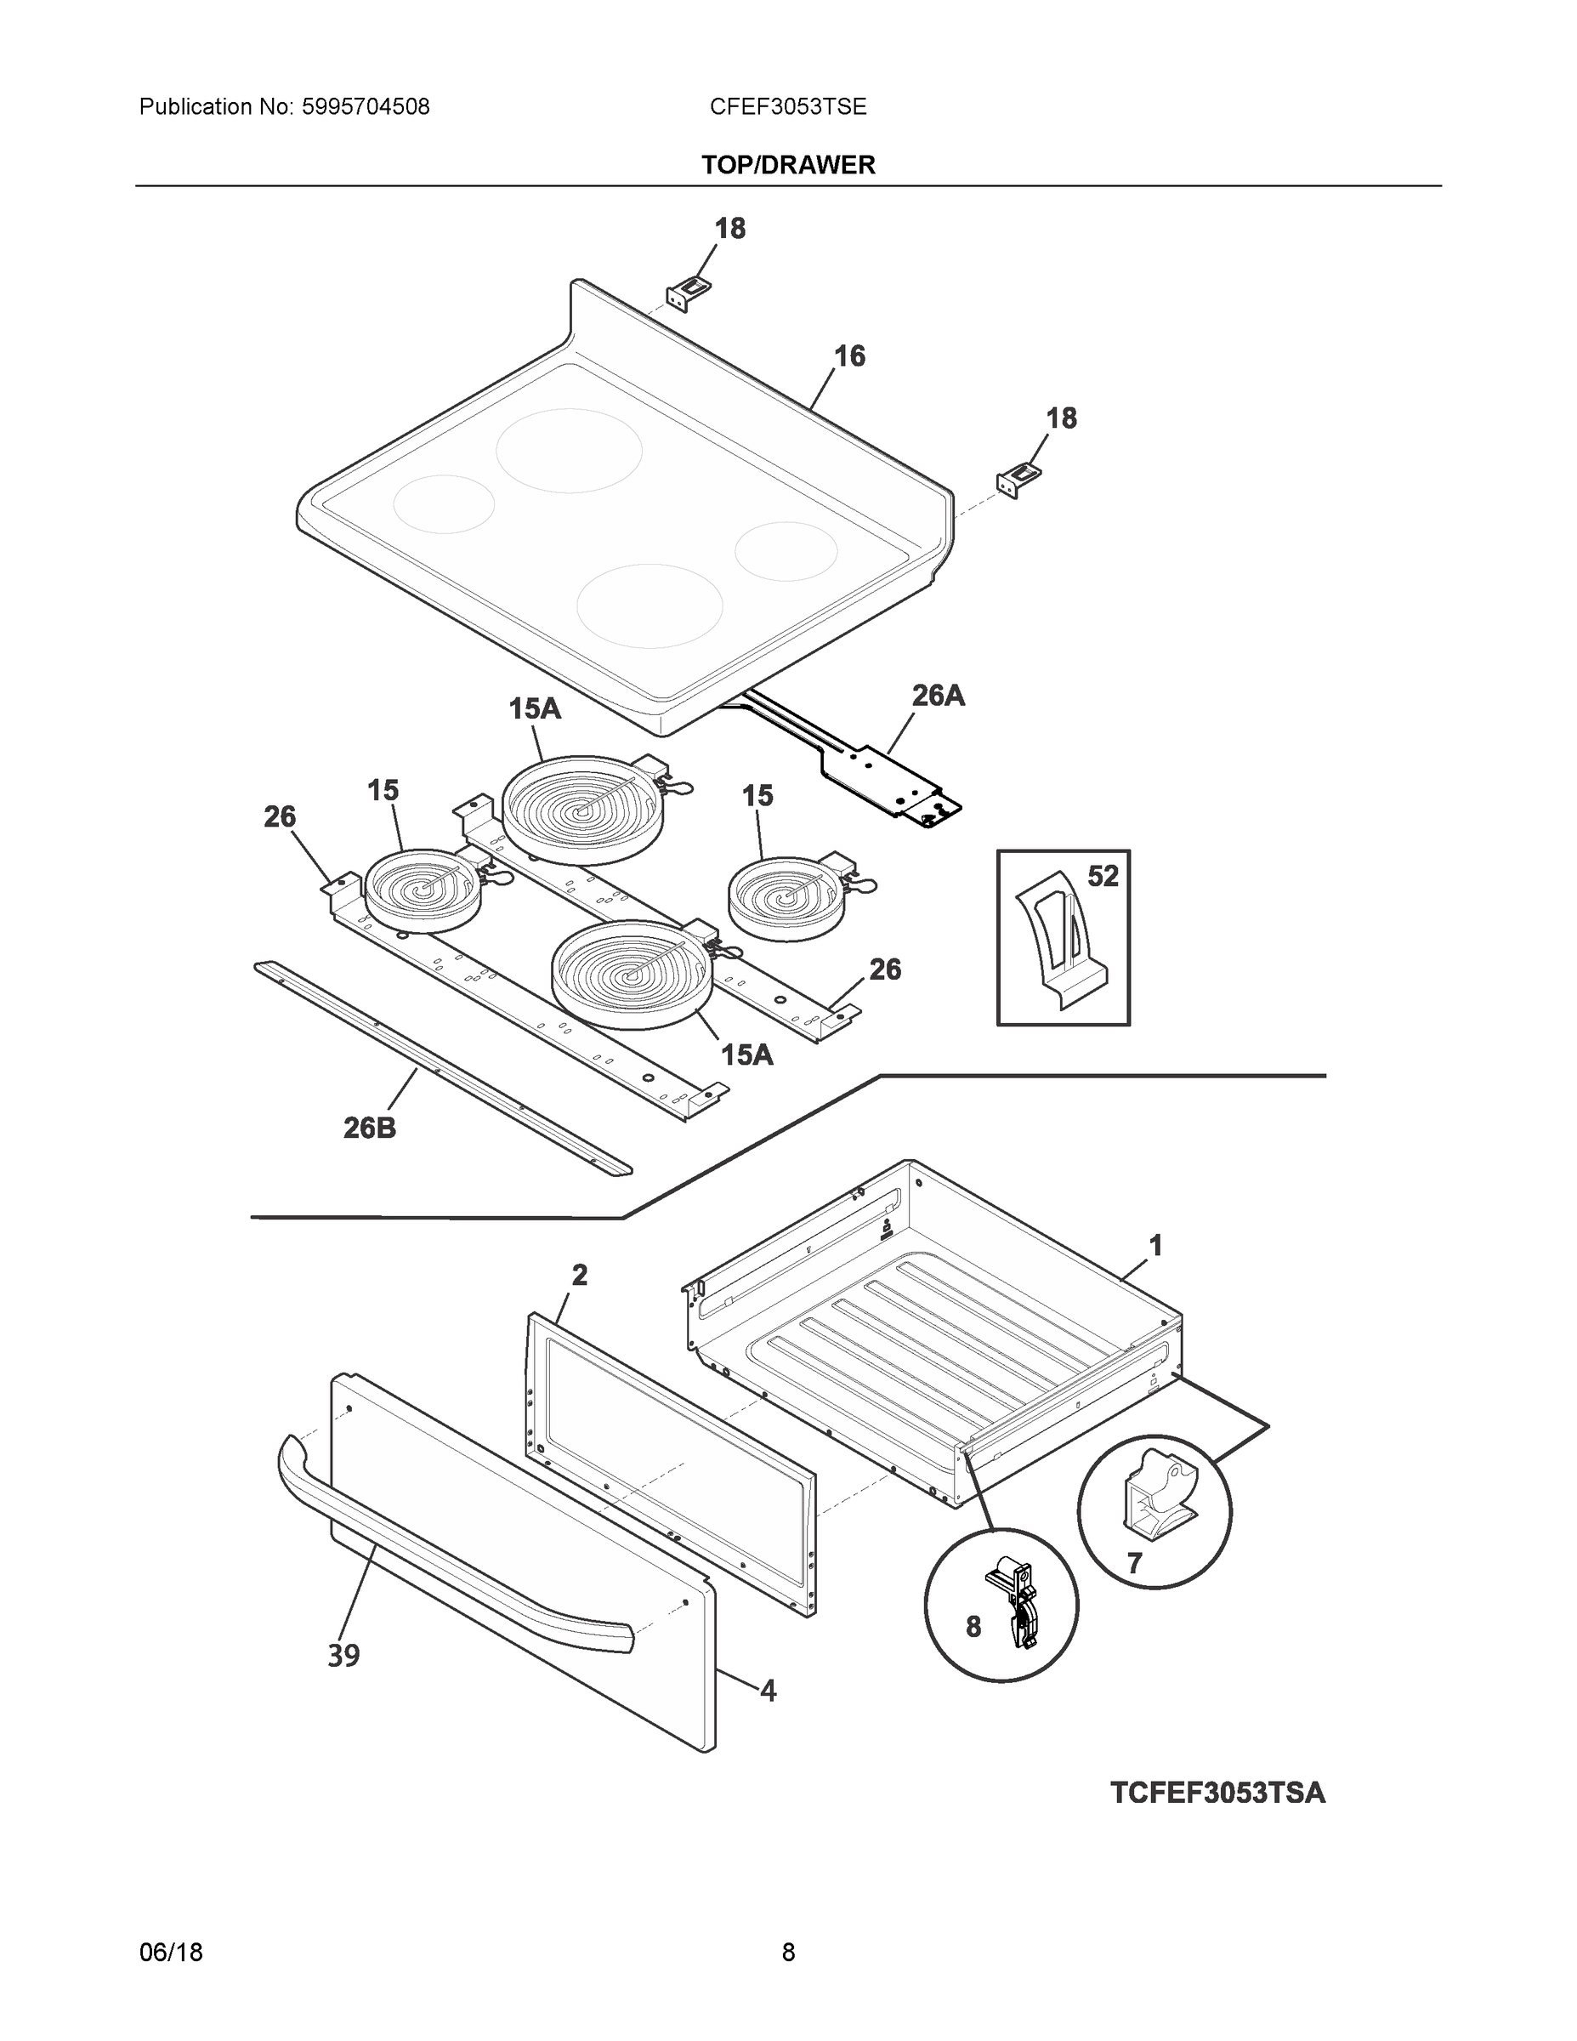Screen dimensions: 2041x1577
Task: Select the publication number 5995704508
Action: coord(366,107)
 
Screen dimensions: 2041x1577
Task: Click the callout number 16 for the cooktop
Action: coord(849,356)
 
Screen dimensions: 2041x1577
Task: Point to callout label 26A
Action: coord(937,696)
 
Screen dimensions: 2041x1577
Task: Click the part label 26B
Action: coord(369,1129)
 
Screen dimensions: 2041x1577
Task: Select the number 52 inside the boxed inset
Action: coord(1103,877)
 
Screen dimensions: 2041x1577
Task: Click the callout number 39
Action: coord(343,1656)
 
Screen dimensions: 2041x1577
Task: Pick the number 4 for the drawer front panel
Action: coord(767,1691)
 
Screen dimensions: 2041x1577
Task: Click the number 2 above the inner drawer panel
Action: coord(579,1275)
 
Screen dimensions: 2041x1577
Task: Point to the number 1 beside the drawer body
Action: coord(1154,1246)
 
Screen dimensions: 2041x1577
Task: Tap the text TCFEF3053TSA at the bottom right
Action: coord(1217,1794)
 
